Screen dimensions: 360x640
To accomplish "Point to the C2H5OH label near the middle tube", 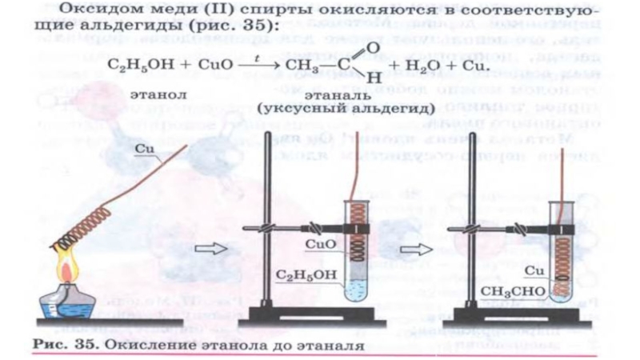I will (303, 277).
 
